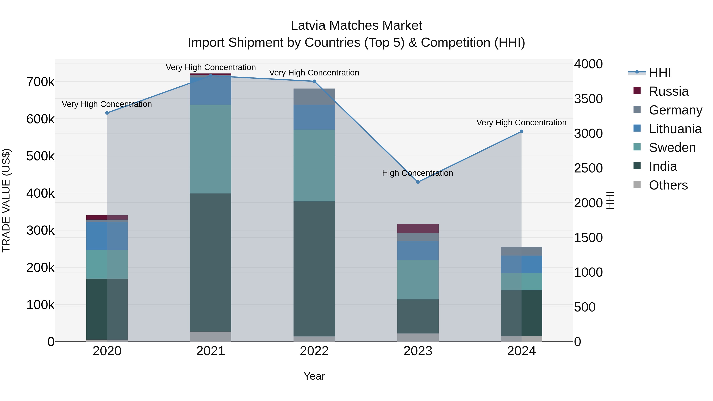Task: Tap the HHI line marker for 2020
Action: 107,113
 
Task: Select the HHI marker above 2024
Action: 521,131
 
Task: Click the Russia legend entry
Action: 668,91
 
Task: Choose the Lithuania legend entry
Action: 675,129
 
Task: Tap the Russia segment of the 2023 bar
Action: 418,228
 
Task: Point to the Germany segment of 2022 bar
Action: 314,97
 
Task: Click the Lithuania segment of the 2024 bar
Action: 521,264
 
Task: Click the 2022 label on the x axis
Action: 314,351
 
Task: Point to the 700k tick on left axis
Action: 40,82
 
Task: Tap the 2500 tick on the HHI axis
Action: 588,168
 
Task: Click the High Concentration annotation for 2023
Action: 417,173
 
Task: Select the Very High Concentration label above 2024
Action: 521,123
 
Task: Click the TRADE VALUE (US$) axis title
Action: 6,200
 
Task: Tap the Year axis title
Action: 314,376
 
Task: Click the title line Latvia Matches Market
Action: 356,26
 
